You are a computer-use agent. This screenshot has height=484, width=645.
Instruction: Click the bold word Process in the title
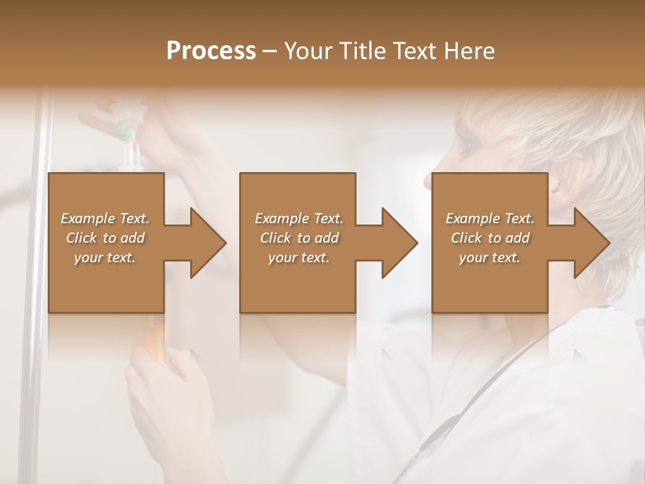[x=211, y=51]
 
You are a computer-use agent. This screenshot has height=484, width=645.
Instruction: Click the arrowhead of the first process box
[x=206, y=243]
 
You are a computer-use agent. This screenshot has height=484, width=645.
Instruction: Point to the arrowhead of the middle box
[x=397, y=243]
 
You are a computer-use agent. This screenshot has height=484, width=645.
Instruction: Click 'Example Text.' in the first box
[x=105, y=218]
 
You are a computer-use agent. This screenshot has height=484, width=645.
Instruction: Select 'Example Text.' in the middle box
[x=299, y=218]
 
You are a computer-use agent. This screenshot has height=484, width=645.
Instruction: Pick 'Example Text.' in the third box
[x=490, y=218]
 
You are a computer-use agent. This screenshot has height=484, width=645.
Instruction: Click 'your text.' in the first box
[x=105, y=257]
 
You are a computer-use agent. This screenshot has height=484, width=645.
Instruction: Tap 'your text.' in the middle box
[x=299, y=257]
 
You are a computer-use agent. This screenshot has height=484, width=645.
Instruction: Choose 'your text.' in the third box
[x=490, y=257]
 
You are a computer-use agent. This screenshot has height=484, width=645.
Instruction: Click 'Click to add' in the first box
[x=105, y=238]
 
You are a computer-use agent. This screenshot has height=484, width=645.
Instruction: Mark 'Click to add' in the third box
[x=490, y=238]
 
